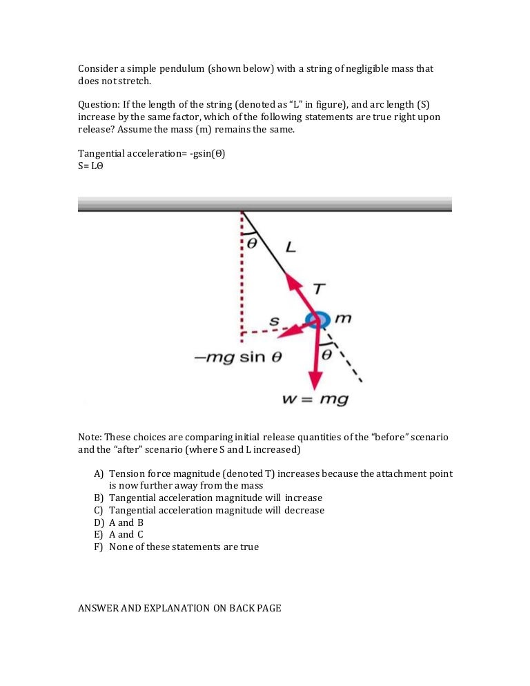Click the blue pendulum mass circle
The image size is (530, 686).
[x=317, y=320]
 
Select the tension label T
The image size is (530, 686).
[x=319, y=289]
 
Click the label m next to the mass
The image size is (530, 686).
[x=343, y=318]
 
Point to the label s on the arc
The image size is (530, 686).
[x=274, y=322]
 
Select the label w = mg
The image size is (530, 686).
[x=315, y=400]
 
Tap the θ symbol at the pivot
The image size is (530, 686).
[x=252, y=243]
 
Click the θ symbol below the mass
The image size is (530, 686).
[x=326, y=354]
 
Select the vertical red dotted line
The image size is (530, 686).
[x=242, y=276]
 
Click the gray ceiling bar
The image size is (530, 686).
[x=265, y=204]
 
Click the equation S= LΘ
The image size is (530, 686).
[x=94, y=166]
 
